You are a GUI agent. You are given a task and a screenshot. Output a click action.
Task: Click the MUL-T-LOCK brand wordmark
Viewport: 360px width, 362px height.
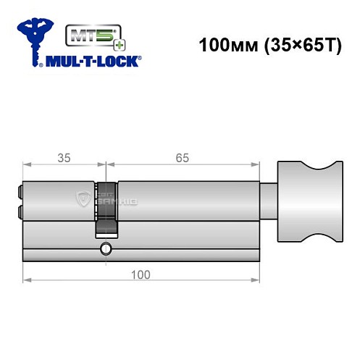pos(94,61)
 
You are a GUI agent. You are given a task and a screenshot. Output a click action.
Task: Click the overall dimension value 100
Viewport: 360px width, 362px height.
pos(141,274)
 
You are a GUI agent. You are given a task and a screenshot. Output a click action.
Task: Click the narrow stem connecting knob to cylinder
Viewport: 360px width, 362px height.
pos(268,201)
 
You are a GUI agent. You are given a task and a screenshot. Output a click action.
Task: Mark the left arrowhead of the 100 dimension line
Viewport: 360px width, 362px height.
pos(26,280)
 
